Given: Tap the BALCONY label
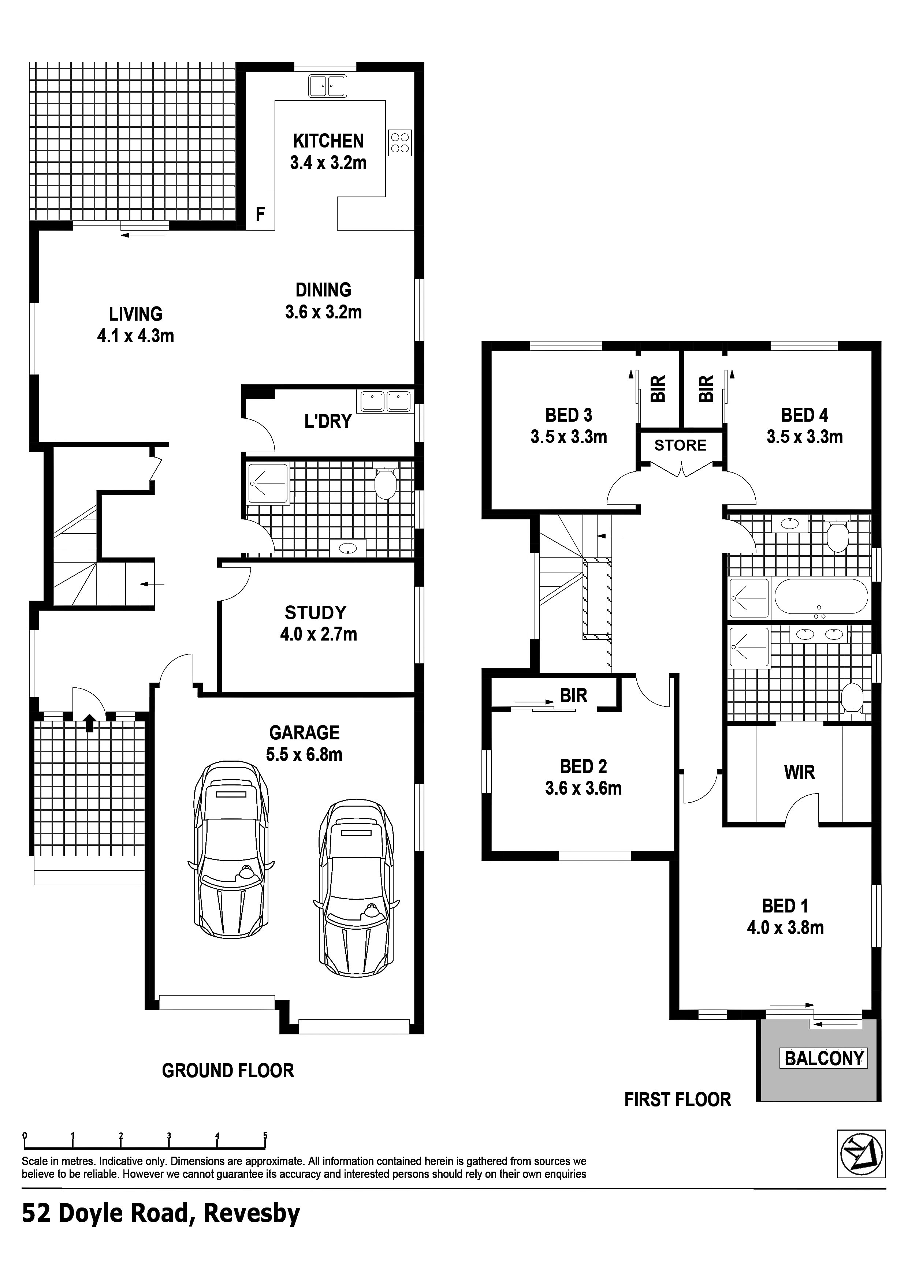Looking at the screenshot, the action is pyautogui.click(x=823, y=1059).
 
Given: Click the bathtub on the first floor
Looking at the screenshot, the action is pyautogui.click(x=821, y=597).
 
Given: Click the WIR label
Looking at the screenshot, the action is pyautogui.click(x=800, y=772).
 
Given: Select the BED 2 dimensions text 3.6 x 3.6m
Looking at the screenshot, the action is pyautogui.click(x=584, y=788).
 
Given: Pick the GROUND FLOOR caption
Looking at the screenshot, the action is pyautogui.click(x=228, y=1070).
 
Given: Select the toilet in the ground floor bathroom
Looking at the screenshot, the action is pyautogui.click(x=386, y=483).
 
